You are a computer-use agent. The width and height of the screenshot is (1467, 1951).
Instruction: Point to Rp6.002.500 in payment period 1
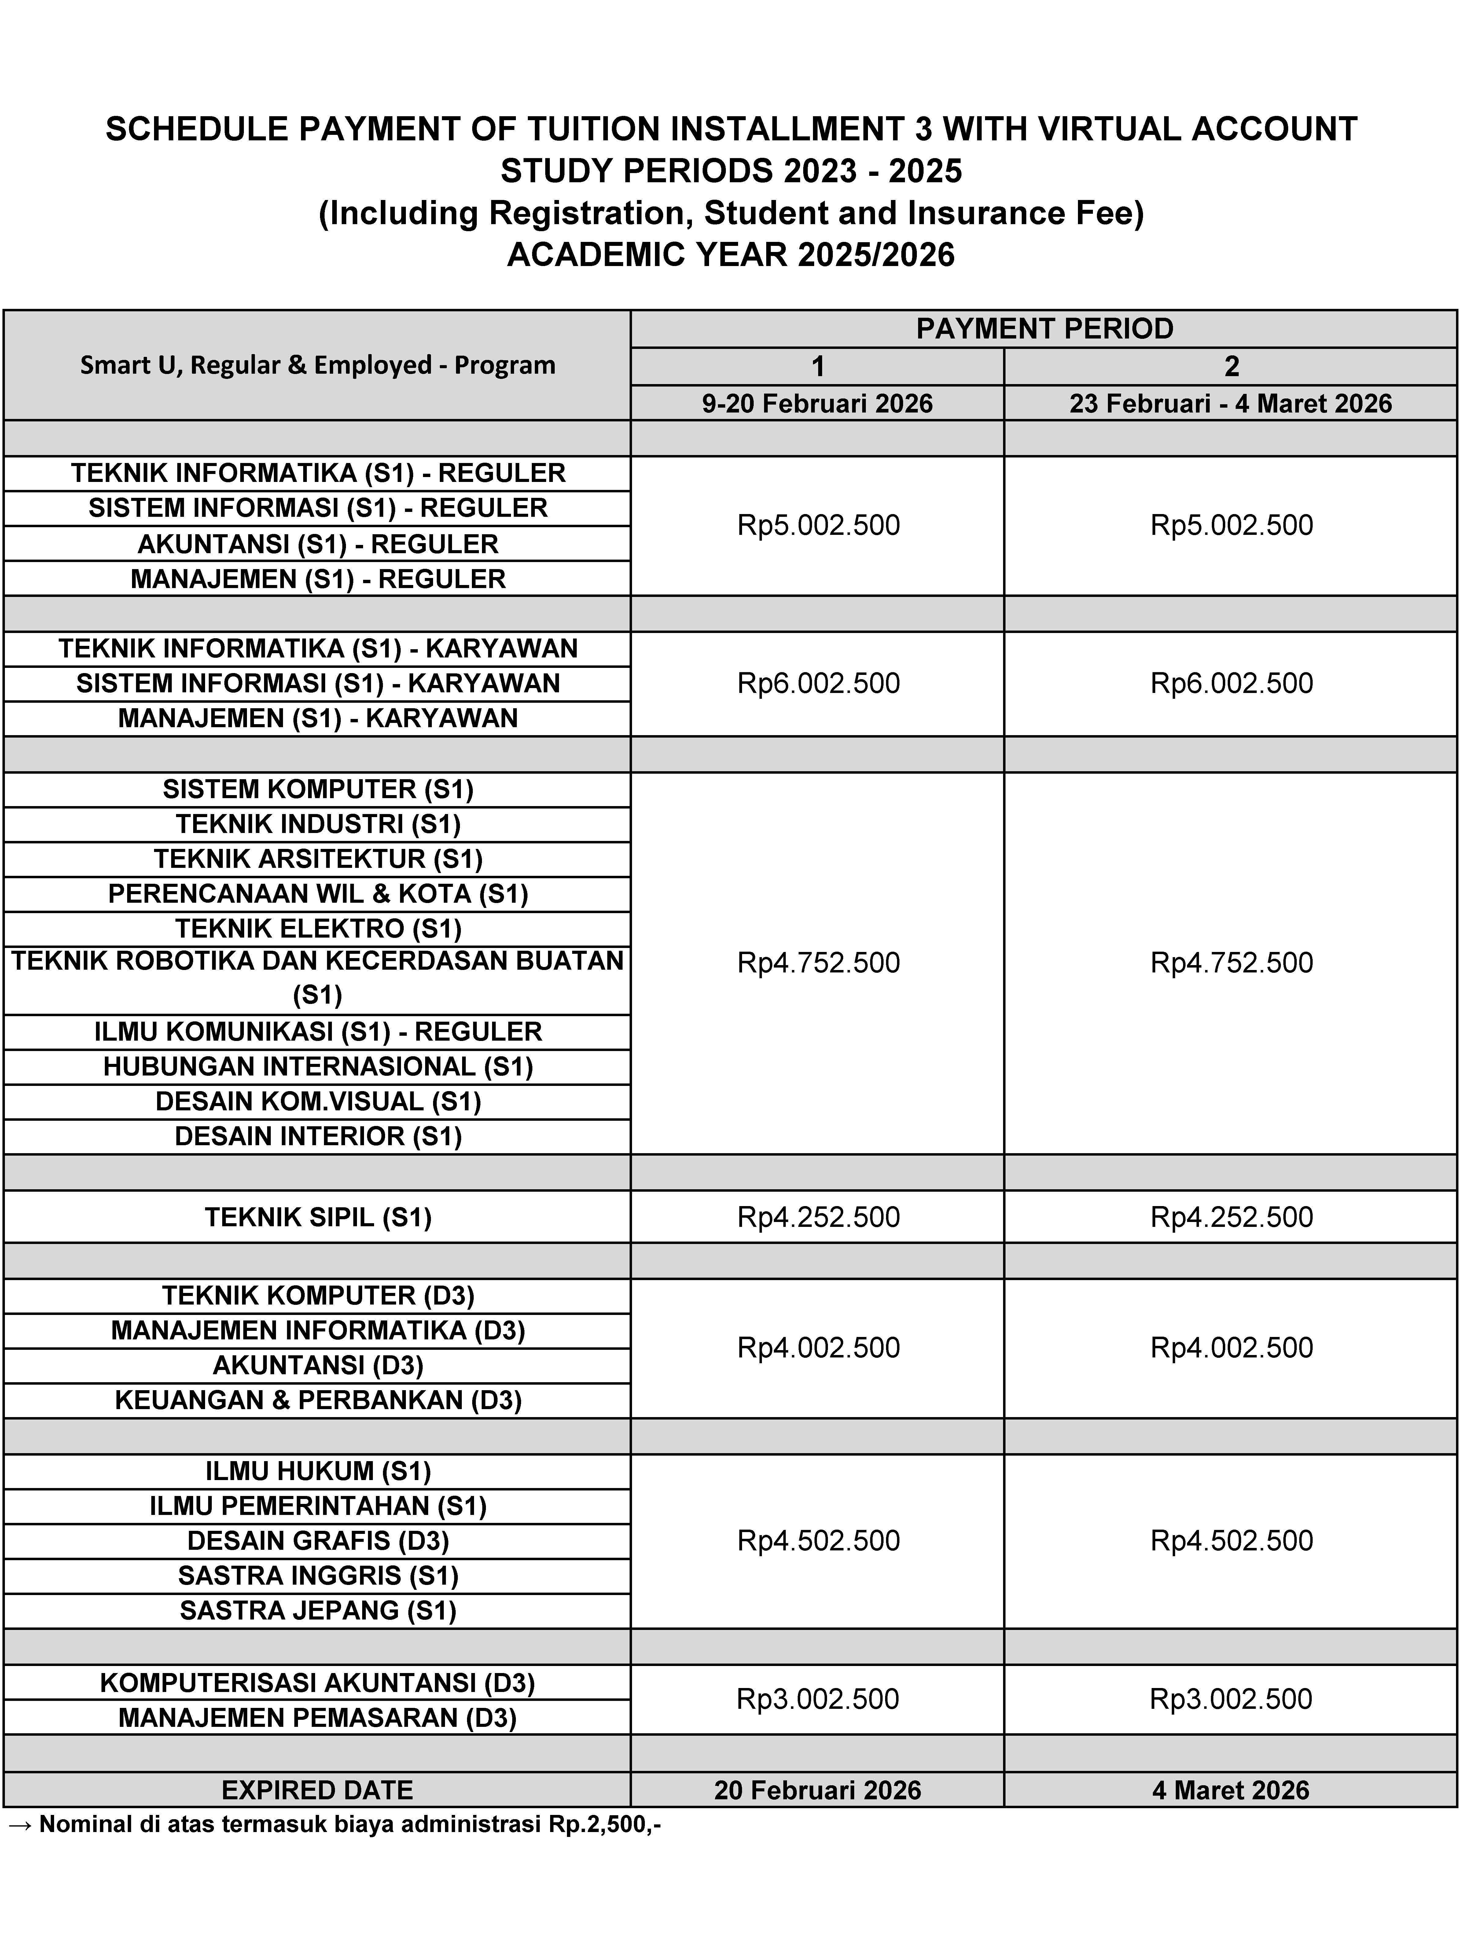pos(818,683)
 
